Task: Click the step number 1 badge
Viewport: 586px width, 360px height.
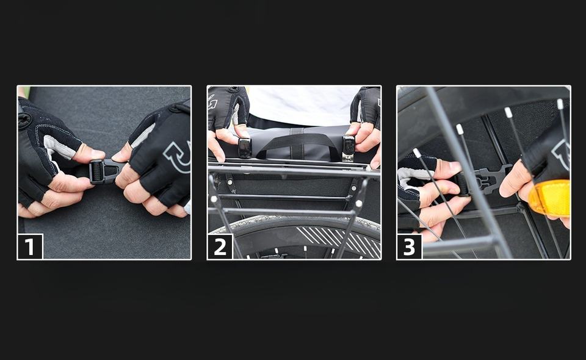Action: (31, 246)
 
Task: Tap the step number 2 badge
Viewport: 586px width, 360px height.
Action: (220, 246)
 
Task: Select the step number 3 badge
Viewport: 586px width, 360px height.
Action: (410, 246)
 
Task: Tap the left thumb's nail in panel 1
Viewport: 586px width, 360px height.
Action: (98, 154)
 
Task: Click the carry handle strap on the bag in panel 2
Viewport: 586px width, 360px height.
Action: (294, 145)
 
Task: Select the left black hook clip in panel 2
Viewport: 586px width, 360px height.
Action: (244, 148)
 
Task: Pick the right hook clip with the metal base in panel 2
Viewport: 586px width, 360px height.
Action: (349, 148)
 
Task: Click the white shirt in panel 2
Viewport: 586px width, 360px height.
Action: (303, 106)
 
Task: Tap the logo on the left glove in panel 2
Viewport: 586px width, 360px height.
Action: (214, 100)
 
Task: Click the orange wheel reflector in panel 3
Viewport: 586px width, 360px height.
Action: (550, 198)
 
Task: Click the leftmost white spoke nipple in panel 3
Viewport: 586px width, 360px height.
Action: (417, 153)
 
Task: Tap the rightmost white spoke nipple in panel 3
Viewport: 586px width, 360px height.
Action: (560, 104)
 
